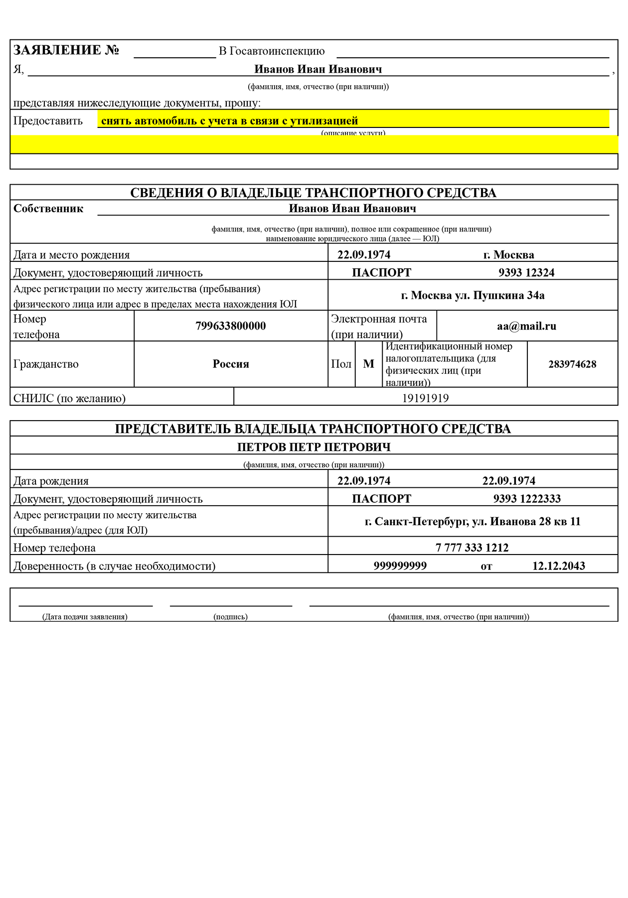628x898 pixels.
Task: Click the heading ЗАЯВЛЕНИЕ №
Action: (66, 50)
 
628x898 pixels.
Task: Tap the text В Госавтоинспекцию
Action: (272, 51)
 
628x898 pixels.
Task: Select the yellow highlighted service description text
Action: (229, 121)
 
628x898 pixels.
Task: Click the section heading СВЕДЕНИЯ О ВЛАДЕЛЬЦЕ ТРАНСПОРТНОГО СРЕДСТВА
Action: (313, 193)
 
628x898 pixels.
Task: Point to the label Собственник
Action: (48, 209)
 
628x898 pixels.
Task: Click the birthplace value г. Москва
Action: (508, 255)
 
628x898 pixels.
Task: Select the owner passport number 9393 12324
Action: (526, 273)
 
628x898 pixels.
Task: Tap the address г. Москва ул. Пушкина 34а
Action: (472, 296)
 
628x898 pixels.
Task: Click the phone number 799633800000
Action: (230, 326)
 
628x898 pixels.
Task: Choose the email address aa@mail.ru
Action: (526, 327)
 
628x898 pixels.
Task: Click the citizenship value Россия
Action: (230, 364)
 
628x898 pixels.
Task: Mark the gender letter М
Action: (368, 364)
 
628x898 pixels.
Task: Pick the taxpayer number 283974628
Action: (572, 364)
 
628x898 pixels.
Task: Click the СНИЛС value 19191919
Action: (425, 398)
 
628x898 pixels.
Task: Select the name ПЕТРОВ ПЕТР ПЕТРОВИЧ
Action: (314, 447)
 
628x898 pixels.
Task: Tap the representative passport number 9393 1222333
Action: (527, 499)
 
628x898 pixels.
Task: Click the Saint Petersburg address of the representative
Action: (472, 522)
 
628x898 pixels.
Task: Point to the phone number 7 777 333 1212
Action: (472, 548)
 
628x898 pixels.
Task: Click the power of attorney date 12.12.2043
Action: (558, 566)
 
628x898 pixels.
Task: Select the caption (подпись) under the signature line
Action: (230, 617)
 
